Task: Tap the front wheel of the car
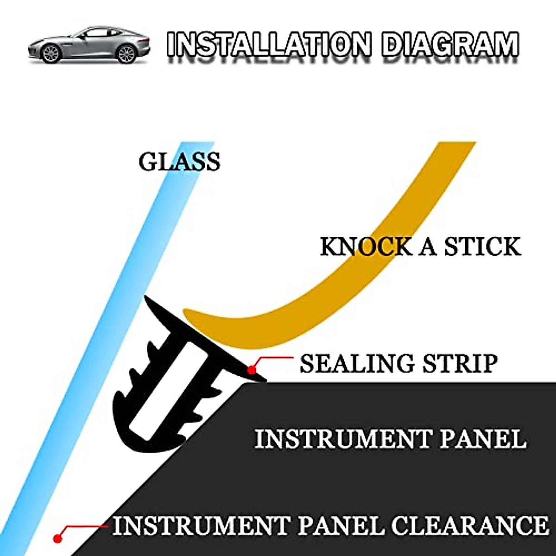(x=51, y=54)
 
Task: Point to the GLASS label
(x=179, y=162)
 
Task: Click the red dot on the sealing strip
(x=251, y=370)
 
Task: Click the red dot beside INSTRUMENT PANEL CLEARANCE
(x=57, y=538)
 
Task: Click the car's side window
(x=95, y=34)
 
